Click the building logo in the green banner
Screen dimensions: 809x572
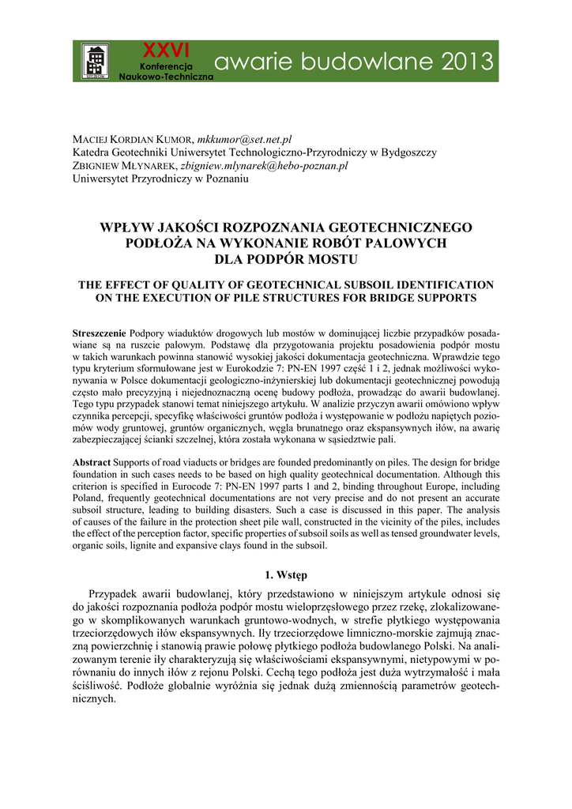96,62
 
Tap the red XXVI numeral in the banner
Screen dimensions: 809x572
161,51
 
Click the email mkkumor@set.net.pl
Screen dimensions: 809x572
244,140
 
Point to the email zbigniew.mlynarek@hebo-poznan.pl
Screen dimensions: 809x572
264,166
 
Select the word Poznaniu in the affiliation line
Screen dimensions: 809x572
225,179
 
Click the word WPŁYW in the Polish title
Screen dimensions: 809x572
130,228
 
